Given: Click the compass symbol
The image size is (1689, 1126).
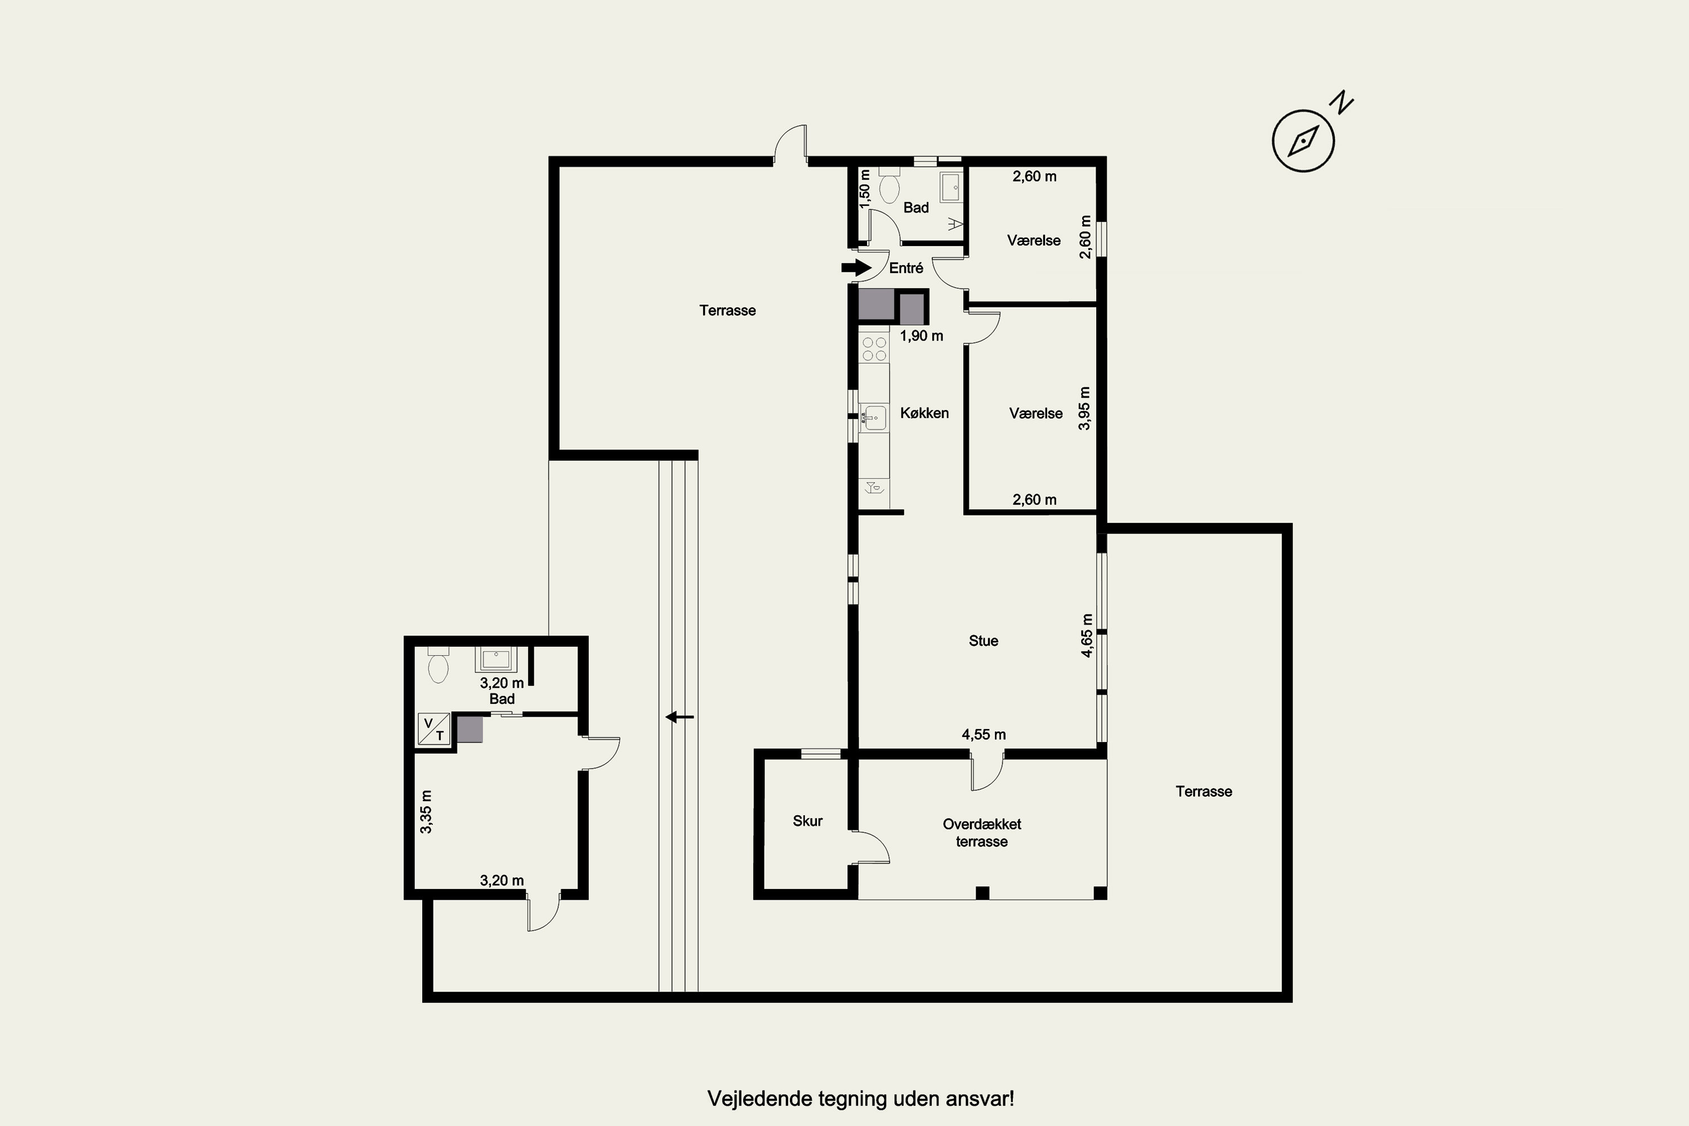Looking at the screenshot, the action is coord(1303,141).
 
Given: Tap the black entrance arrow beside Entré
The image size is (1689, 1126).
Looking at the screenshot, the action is coord(856,268).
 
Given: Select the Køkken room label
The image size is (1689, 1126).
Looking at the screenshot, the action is coord(924,413).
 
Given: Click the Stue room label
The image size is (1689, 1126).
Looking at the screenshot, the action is coord(983,641).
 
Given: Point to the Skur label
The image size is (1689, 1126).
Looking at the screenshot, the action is coord(807,821).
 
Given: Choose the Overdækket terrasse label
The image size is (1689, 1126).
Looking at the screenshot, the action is coord(982,833).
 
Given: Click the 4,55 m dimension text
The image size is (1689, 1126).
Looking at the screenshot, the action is coord(984,735).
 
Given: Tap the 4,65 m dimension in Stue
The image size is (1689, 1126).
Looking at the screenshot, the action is coord(1087,636).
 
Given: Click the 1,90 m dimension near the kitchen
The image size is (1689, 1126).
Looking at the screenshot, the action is coord(921,336).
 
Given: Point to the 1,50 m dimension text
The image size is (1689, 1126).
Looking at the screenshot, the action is coord(865,188).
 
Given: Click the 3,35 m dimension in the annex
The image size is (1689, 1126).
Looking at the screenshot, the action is coord(426,811).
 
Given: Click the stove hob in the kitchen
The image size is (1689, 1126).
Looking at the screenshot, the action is coord(874,349).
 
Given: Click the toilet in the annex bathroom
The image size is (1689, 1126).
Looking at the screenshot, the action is coord(438,665).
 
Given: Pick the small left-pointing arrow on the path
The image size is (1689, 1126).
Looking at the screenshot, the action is coord(680,717).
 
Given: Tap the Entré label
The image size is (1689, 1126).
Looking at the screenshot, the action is coord(906,268).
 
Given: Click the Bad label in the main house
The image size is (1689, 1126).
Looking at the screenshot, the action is coord(915,208).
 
